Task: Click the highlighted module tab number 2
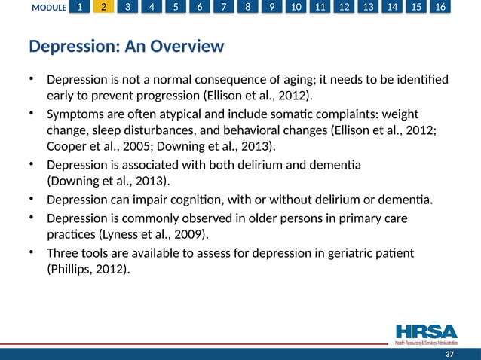pyautogui.click(x=104, y=8)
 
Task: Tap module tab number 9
pyautogui.click(x=272, y=8)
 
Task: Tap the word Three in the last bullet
pyautogui.click(x=63, y=252)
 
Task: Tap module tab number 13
pyautogui.click(x=368, y=8)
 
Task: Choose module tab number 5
pyautogui.click(x=176, y=8)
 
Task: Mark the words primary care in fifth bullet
pyautogui.click(x=375, y=218)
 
